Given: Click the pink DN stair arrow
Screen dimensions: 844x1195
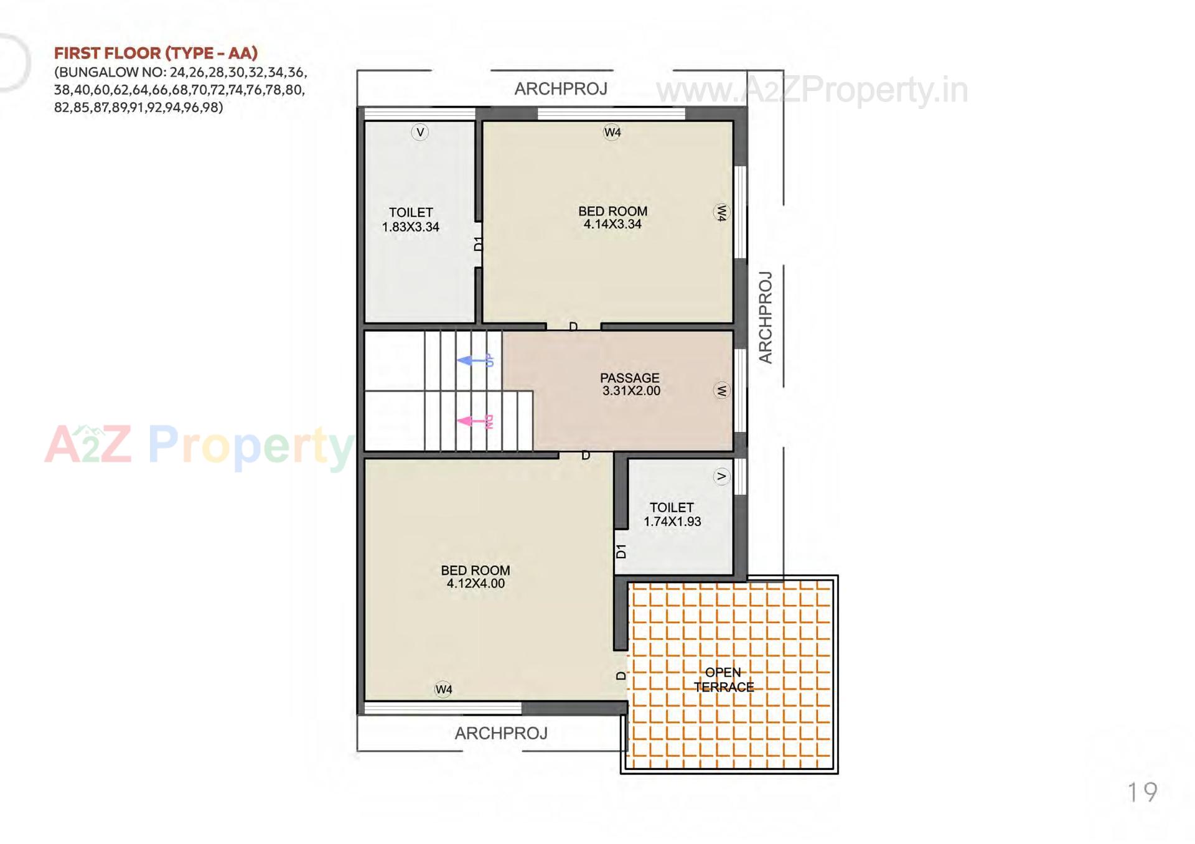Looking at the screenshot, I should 474,421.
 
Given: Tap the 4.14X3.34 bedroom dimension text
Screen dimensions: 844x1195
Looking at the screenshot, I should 612,225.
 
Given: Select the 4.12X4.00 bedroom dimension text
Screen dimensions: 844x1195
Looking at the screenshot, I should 476,584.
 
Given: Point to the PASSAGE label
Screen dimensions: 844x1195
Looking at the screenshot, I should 629,378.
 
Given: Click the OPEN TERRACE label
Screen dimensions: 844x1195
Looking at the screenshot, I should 723,680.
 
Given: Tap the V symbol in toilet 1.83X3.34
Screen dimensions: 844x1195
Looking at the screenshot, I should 420,132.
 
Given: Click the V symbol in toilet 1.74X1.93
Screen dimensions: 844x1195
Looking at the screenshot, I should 721,477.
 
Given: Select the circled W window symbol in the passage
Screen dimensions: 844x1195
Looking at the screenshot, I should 721,391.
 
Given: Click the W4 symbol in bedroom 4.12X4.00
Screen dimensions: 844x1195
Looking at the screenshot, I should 444,689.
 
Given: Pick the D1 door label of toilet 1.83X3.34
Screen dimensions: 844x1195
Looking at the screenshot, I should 478,243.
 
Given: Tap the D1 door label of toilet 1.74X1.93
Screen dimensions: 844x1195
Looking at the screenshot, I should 621,551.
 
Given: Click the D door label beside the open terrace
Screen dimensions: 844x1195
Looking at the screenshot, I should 621,675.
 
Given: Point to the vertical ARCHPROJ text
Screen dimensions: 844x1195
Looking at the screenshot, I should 766,317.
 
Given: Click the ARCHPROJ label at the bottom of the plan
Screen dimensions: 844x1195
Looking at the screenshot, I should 501,733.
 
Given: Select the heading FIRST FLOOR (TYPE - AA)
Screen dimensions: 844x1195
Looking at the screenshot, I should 156,53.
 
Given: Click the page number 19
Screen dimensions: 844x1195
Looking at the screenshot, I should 1142,792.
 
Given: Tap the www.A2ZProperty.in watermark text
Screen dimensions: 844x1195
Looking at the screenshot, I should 812,90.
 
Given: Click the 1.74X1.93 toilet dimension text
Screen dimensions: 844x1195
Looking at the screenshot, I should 672,522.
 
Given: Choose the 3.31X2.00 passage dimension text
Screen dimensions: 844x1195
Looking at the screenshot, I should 631,391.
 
